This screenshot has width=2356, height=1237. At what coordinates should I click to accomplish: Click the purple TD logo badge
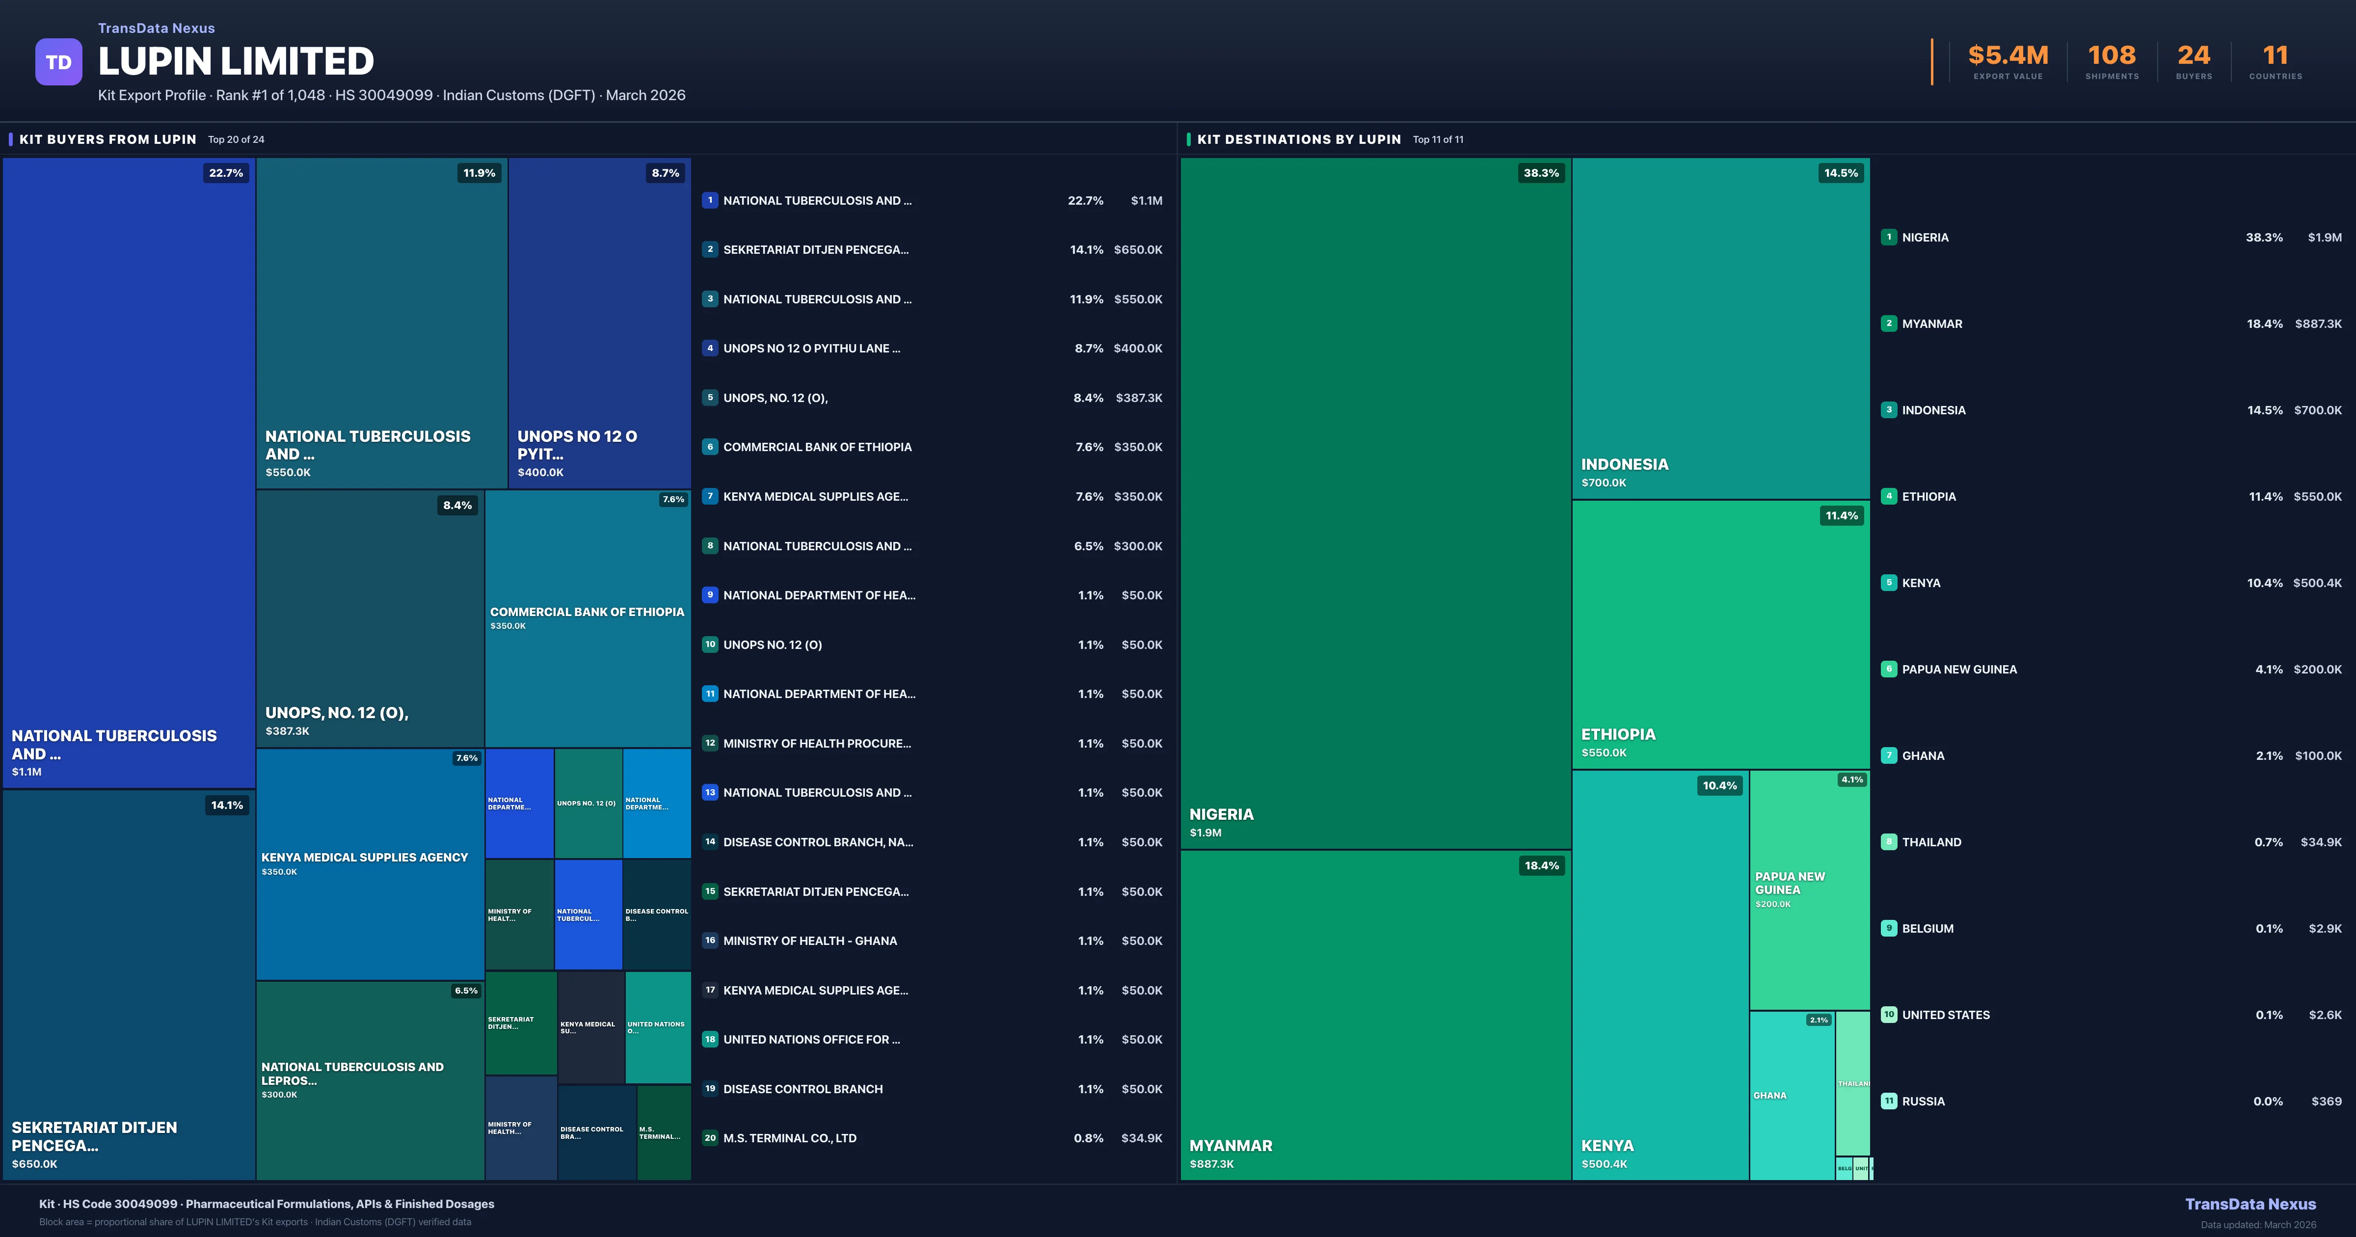[58, 62]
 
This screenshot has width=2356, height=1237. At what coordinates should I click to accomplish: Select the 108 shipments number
[2112, 56]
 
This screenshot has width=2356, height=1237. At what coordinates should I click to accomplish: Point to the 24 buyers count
[2193, 56]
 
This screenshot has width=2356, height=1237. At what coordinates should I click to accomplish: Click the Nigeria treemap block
[1375, 503]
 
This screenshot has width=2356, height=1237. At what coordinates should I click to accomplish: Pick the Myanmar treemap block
[1375, 1016]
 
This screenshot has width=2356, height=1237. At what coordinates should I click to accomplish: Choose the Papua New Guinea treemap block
[1809, 889]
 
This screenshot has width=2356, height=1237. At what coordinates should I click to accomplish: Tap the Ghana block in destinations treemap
[1791, 1095]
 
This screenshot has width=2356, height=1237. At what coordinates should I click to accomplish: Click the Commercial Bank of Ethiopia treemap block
[587, 618]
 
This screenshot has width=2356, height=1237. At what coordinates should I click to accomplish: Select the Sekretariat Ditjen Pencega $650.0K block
[128, 985]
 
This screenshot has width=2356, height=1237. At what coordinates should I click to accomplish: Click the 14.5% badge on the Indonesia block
[1840, 173]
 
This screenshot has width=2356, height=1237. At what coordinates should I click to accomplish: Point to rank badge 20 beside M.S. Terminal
[710, 1138]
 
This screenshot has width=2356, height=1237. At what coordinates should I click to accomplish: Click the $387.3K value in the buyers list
[1139, 398]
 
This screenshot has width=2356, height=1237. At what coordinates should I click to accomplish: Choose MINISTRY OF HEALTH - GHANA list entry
[809, 941]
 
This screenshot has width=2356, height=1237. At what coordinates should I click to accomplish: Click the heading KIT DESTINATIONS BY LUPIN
[1299, 139]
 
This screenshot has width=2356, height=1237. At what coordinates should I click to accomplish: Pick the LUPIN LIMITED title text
[236, 61]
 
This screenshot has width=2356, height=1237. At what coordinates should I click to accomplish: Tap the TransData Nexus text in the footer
[2250, 1204]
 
